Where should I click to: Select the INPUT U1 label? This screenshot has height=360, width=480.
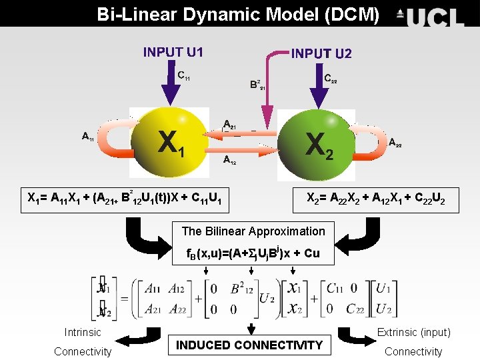point(173,52)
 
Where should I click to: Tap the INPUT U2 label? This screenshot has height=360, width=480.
point(321,53)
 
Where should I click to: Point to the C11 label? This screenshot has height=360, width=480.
point(183,76)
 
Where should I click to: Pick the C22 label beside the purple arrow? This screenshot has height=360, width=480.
point(330,79)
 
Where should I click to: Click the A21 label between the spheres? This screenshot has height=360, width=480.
point(229,124)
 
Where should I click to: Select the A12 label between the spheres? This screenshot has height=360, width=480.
point(229,159)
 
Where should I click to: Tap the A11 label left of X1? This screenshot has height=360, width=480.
point(87,137)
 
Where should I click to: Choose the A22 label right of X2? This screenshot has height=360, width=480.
point(395,142)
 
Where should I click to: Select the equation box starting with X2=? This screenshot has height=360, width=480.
point(376,198)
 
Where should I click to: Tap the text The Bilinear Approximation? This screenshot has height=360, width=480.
point(253,231)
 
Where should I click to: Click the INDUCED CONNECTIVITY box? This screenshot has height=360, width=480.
point(249,345)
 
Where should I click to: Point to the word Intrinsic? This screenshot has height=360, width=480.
point(83,332)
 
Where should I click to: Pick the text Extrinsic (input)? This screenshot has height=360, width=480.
point(413,332)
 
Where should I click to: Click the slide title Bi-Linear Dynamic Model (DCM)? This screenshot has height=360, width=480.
point(239,13)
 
